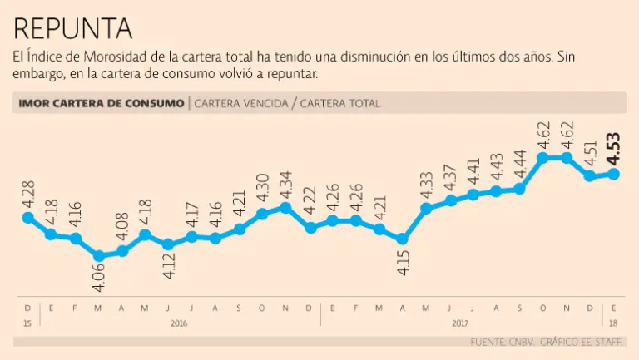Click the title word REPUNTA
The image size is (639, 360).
click(x=73, y=28)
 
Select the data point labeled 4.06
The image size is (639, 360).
click(x=99, y=256)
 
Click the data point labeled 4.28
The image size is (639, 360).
click(x=28, y=218)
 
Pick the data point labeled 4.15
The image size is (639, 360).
click(x=403, y=239)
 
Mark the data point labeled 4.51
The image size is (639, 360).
click(x=590, y=176)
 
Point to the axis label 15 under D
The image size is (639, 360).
click(x=27, y=321)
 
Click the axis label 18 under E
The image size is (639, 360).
click(x=615, y=321)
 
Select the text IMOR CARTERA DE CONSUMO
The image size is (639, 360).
click(x=101, y=104)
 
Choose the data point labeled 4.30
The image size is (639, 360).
click(x=262, y=214)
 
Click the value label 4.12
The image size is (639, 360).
click(x=169, y=269)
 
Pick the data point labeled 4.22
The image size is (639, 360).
click(x=310, y=226)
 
